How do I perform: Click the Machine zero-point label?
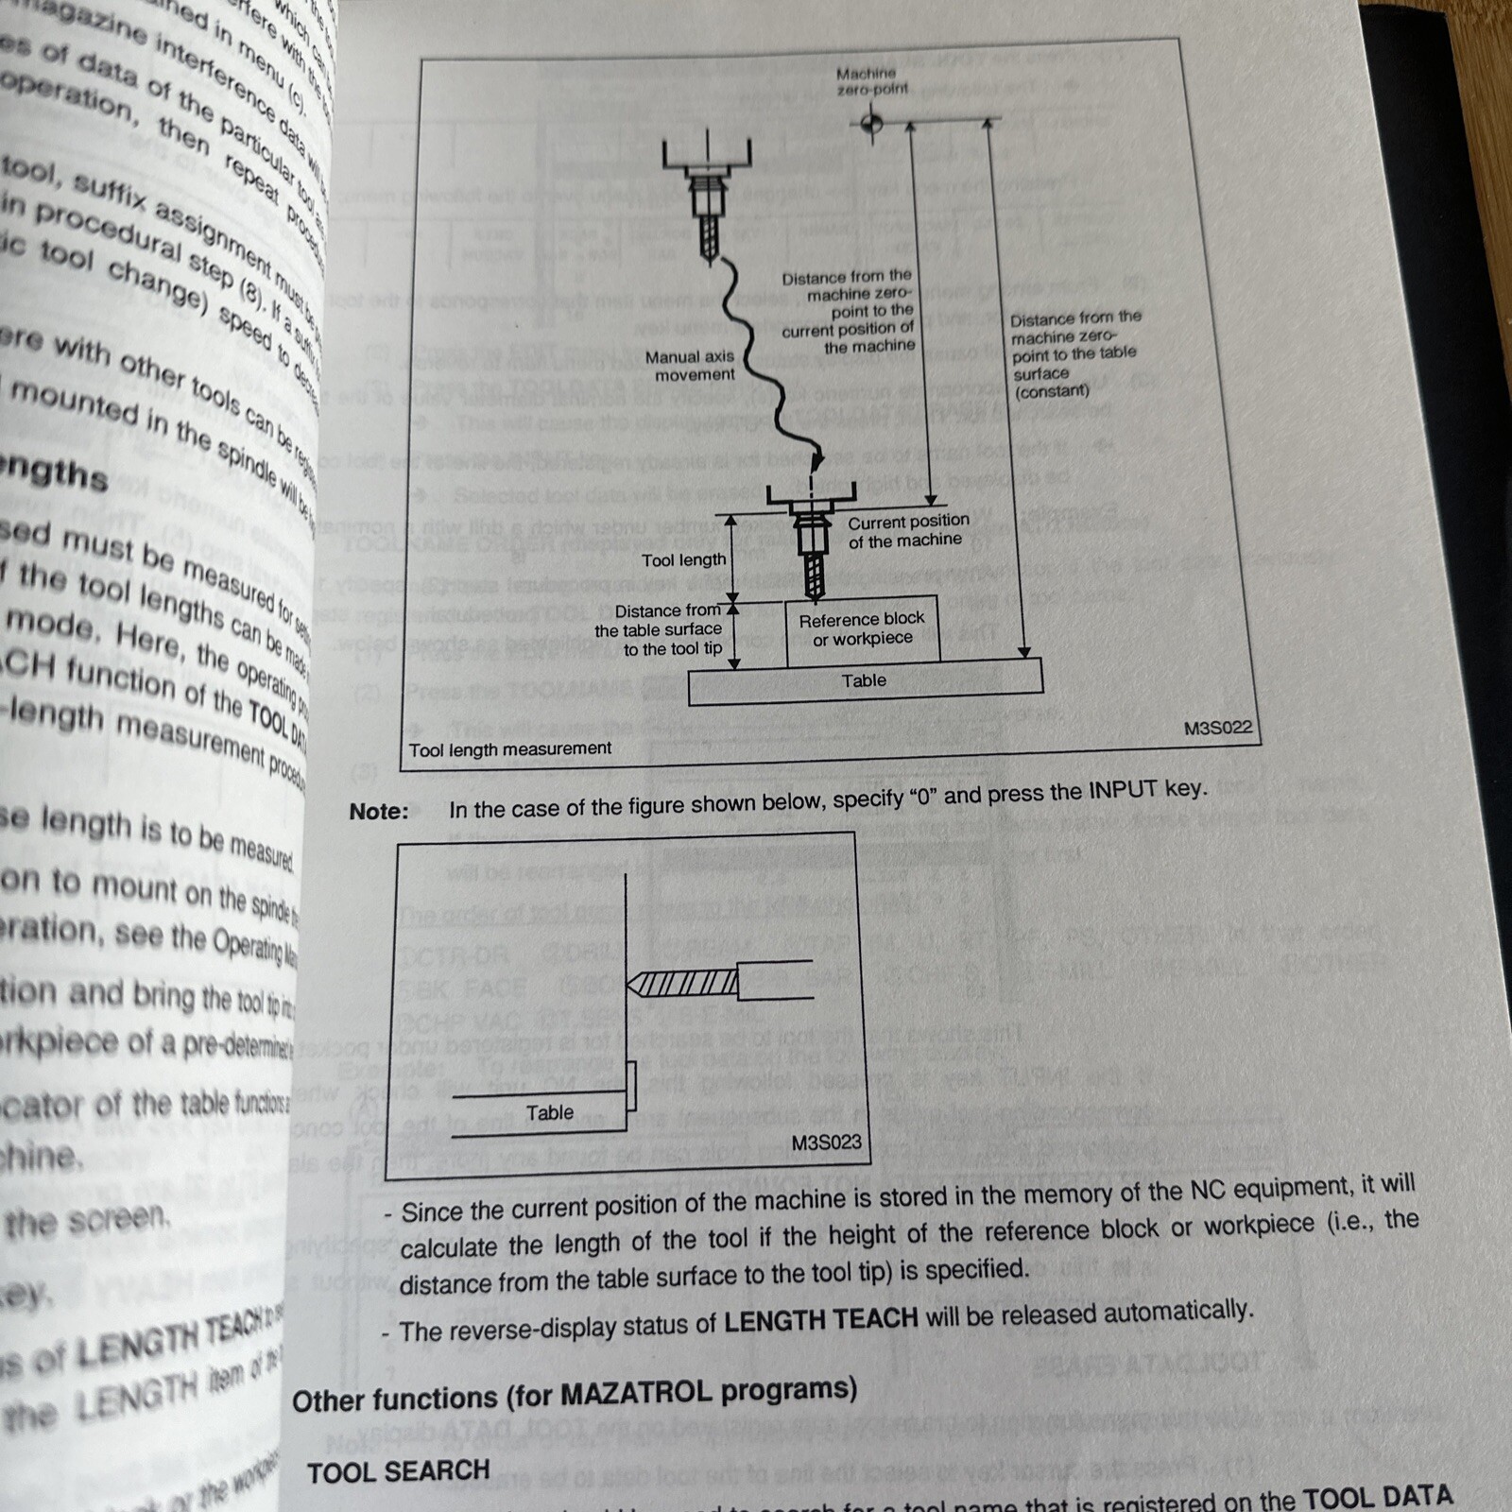(x=871, y=81)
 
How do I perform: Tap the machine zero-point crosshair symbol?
(x=871, y=124)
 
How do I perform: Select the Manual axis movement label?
(x=690, y=366)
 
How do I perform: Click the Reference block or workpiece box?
(x=862, y=629)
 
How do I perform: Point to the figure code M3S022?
(x=1217, y=728)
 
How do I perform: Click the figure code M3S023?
(x=826, y=1143)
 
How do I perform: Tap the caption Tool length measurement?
(x=510, y=749)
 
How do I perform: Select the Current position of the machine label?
(x=907, y=531)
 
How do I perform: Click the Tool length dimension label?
(x=683, y=560)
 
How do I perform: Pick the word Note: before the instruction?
(x=379, y=812)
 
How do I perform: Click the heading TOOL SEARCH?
(x=399, y=1471)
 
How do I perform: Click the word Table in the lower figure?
(x=550, y=1113)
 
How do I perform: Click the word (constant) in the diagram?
(x=1051, y=391)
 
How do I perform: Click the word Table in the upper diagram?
(x=864, y=680)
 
